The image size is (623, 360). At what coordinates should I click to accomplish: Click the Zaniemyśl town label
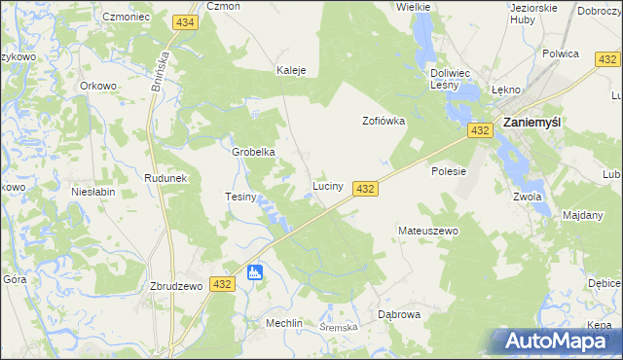(543, 124)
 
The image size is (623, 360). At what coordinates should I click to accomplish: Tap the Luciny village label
(326, 185)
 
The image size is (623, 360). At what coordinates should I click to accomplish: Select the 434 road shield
(185, 21)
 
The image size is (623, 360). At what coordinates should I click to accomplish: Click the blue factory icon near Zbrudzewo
(255, 272)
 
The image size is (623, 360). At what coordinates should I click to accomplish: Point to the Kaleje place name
(292, 71)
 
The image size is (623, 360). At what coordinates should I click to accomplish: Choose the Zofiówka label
(384, 122)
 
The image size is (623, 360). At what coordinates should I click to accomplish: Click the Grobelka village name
(254, 153)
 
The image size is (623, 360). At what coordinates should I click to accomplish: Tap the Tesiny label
(240, 197)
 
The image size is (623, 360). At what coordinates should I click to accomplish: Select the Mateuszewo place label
(427, 232)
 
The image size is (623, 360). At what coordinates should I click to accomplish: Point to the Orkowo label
(98, 86)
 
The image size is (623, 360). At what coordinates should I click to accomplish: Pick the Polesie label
(450, 171)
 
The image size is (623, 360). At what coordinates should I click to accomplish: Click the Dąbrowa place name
(398, 314)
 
